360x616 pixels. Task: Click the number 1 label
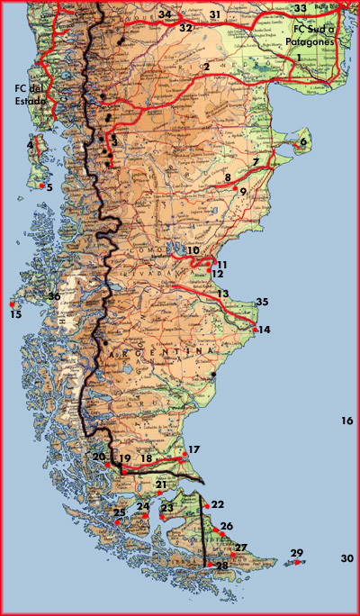point(298,57)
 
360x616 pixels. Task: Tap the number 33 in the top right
point(300,8)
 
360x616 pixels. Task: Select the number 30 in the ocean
point(346,558)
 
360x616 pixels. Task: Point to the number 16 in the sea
point(346,421)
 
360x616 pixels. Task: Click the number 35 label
point(262,302)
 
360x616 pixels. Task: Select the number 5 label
point(49,187)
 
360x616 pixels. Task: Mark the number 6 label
point(303,141)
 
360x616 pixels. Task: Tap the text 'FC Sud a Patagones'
point(313,35)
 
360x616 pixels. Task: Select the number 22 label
point(218,504)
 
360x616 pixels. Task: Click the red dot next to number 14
point(256,331)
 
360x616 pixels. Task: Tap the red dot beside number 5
point(41,185)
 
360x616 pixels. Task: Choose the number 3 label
point(114,140)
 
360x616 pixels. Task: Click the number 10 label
point(193,249)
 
